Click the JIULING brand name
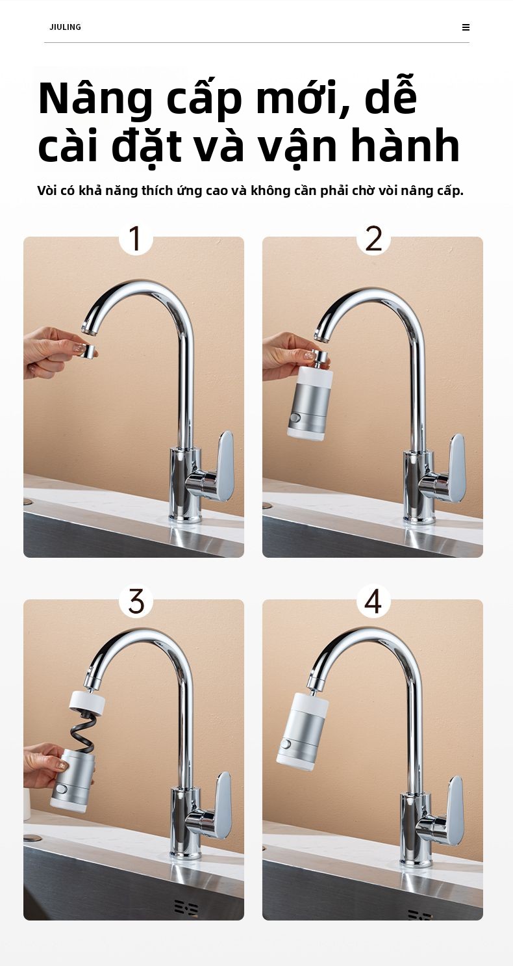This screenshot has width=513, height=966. pyautogui.click(x=65, y=27)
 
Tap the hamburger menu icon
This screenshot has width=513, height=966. pyautogui.click(x=466, y=27)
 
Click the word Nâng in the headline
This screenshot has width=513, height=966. pyautogui.click(x=95, y=99)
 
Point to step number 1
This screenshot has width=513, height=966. pyautogui.click(x=135, y=238)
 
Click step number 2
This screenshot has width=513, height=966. pyautogui.click(x=373, y=238)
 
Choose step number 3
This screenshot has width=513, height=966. pyautogui.click(x=136, y=601)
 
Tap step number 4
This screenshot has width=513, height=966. pyautogui.click(x=373, y=601)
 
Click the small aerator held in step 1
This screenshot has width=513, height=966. pyautogui.click(x=89, y=351)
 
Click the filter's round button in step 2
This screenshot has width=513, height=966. pyautogui.click(x=295, y=418)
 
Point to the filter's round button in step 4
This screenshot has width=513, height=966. pyautogui.click(x=285, y=745)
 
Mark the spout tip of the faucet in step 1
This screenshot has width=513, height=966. pyautogui.click(x=88, y=329)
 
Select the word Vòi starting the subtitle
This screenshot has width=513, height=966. pyautogui.click(x=47, y=190)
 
